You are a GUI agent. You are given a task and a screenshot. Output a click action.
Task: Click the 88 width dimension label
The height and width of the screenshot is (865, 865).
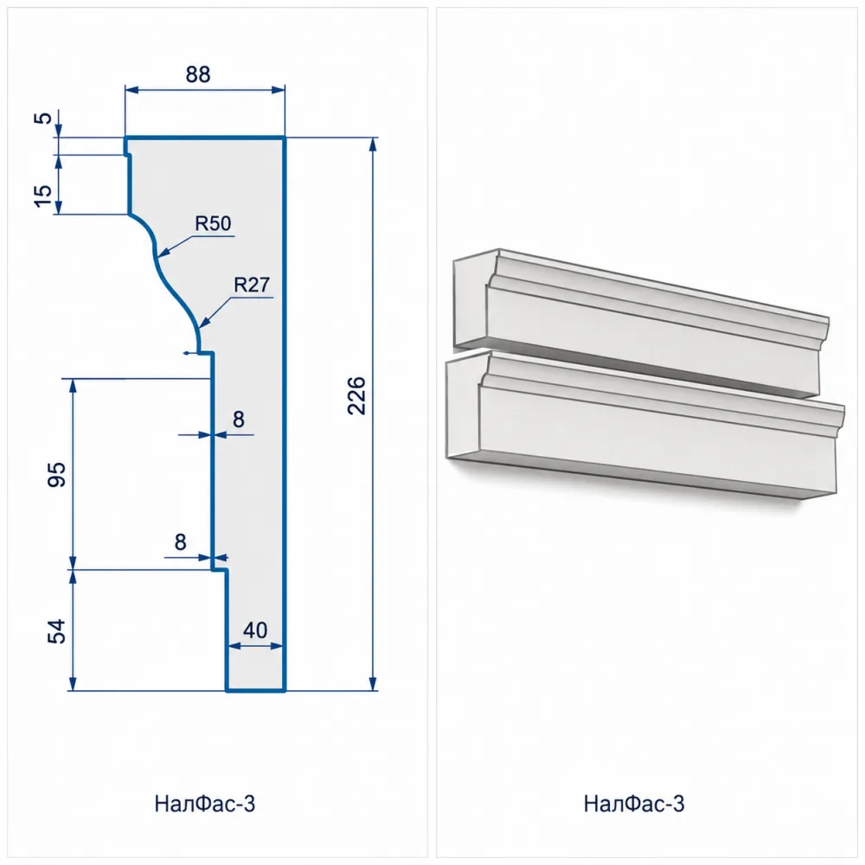198,74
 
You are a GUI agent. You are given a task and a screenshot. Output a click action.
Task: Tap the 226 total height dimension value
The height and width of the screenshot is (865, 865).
357,395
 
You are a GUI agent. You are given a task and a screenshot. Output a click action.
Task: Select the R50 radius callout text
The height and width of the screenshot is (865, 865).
213,223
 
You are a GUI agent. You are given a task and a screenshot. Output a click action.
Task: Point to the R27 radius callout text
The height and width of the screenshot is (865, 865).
252,285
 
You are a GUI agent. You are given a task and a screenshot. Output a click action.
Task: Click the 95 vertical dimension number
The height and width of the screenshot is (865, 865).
57,475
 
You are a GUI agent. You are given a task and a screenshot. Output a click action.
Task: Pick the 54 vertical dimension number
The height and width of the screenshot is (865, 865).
57,631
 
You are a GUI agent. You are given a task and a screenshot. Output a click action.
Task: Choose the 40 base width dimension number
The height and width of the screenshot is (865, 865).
255,630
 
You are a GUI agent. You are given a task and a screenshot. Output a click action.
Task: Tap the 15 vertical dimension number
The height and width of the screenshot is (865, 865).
43,195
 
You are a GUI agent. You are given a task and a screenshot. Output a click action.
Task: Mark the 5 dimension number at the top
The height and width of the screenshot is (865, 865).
43,118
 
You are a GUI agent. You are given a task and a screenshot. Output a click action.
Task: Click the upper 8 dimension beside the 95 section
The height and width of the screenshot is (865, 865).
239,420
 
